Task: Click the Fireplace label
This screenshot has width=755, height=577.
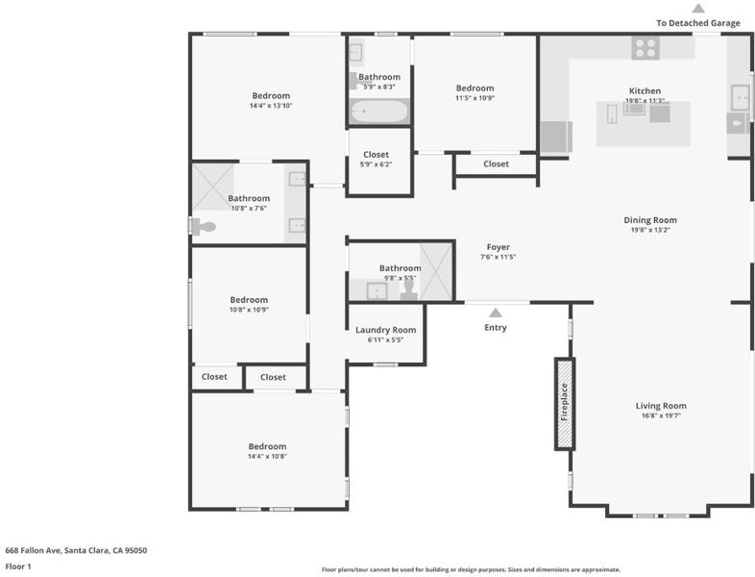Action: [x=564, y=402]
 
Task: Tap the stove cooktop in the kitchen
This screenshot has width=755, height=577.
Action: [x=645, y=48]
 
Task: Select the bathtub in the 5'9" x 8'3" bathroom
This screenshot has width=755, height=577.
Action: [x=379, y=112]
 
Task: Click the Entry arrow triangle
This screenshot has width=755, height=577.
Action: [x=496, y=313]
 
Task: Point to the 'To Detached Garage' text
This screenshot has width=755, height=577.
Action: [x=698, y=23]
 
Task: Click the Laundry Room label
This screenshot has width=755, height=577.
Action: [x=386, y=330]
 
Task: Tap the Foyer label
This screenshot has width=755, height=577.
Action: [x=498, y=247]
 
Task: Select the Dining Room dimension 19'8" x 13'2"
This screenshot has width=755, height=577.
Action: [x=650, y=230]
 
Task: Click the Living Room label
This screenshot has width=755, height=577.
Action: [x=661, y=406]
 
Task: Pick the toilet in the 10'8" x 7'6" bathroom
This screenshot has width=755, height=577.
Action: [x=203, y=226]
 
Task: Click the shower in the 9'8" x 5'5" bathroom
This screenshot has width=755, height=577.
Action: [x=436, y=271]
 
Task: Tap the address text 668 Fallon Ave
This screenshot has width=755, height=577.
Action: [x=35, y=550]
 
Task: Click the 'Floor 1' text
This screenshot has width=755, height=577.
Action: [x=18, y=566]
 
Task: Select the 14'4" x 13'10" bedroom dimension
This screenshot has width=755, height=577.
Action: [x=271, y=106]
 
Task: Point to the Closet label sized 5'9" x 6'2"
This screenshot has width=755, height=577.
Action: [x=376, y=155]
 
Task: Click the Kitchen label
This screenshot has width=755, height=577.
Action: [x=645, y=91]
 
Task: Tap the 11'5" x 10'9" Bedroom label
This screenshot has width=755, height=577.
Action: [x=475, y=88]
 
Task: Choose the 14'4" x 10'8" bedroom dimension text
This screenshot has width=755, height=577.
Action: [x=267, y=457]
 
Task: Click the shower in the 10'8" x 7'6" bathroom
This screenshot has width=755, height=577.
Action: [x=213, y=187]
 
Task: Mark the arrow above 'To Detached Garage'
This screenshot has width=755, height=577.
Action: [x=698, y=9]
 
